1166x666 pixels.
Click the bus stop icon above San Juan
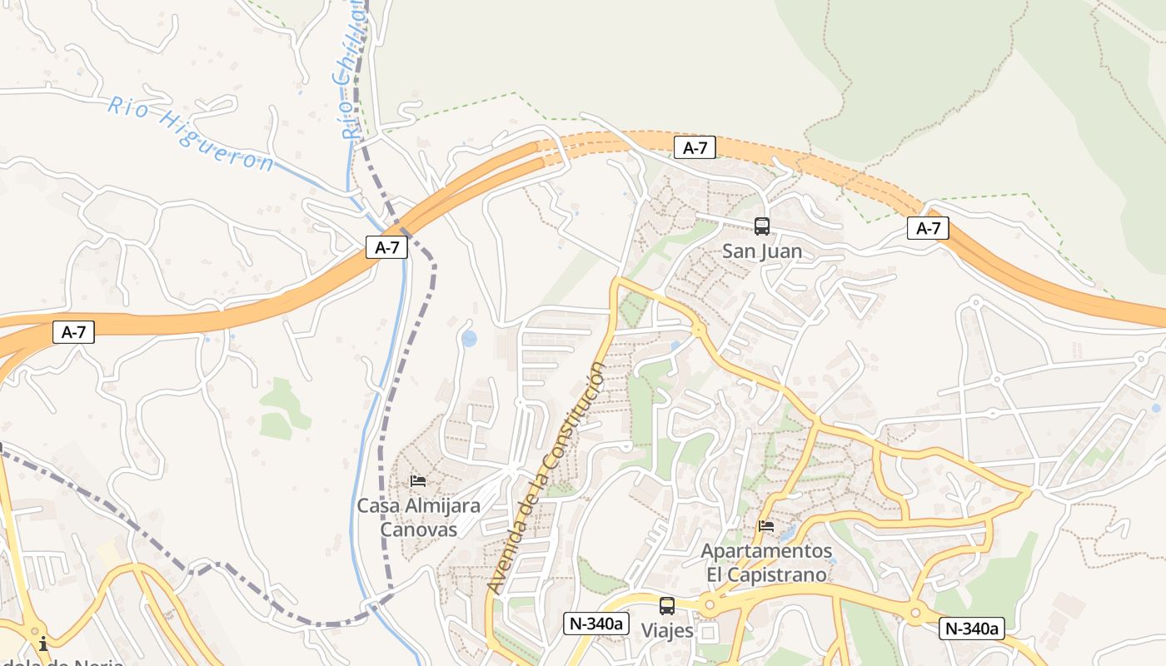[x=761, y=226]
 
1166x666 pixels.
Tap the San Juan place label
[x=761, y=251]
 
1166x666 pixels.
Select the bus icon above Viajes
[x=666, y=606]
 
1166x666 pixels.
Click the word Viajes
[x=666, y=631]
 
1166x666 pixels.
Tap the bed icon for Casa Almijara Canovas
[x=418, y=481]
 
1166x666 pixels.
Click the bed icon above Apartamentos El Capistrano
[x=765, y=526]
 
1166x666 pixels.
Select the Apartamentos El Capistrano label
[x=765, y=563]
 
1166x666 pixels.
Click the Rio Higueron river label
[x=190, y=133]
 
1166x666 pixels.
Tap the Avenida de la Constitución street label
[x=547, y=478]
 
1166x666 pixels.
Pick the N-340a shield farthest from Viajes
[x=971, y=629]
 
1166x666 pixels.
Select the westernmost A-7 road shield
[x=73, y=332]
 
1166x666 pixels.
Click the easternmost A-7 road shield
[x=928, y=228]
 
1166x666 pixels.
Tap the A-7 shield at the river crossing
[x=386, y=247]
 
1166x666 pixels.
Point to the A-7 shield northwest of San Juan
[x=695, y=148]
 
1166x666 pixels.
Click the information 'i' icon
[x=43, y=644]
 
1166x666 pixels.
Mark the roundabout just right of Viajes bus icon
[x=709, y=605]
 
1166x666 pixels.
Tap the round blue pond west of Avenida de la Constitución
[x=469, y=339]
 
